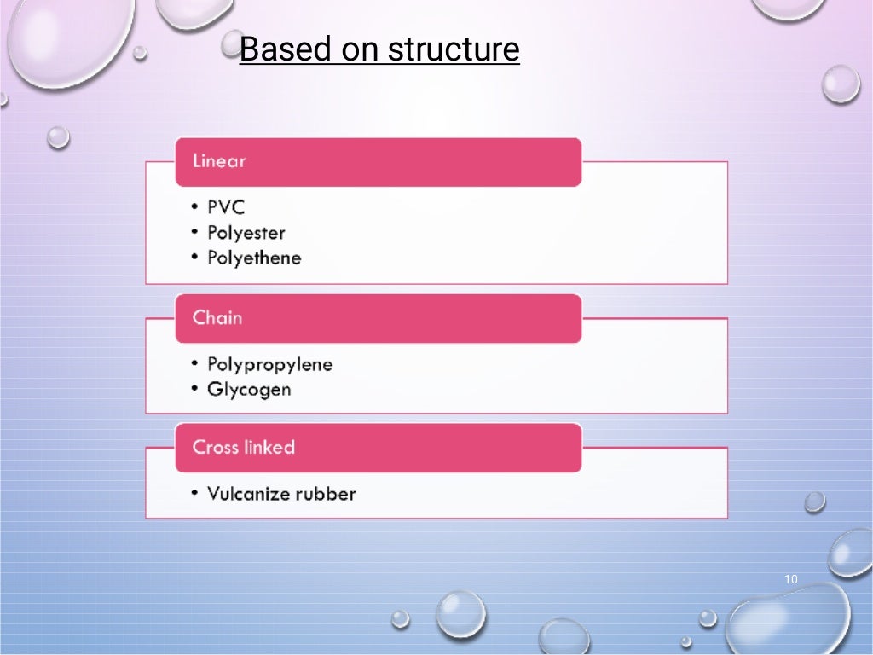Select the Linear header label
219,161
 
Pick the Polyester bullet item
246,233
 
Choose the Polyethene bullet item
254,258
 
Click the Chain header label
217,318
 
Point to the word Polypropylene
269,365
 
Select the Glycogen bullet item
249,390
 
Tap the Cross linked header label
244,448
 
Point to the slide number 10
790,580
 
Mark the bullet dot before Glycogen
195,390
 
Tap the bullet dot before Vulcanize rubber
195,494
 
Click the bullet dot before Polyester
195,233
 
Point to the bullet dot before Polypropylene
195,365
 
